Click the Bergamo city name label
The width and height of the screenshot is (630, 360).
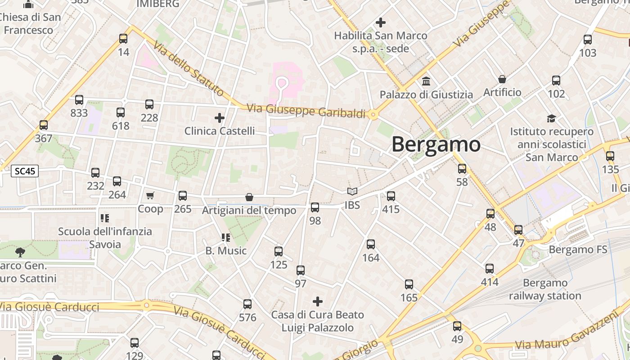(436, 144)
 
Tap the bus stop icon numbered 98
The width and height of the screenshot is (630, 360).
(315, 207)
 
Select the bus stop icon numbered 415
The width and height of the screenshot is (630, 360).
(391, 196)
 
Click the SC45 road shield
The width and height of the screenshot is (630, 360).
(25, 171)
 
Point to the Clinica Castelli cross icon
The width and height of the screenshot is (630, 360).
(220, 118)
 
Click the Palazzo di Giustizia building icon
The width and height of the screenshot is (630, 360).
(426, 81)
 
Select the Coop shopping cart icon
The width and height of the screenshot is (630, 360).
(150, 195)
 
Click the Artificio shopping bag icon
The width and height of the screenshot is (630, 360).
(502, 79)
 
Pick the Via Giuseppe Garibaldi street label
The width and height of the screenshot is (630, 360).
(306, 111)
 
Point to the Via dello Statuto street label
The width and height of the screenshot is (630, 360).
(188, 69)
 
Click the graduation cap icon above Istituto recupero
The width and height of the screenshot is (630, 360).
(551, 118)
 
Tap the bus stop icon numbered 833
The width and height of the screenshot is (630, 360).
(79, 100)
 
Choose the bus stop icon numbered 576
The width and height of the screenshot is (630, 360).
(247, 304)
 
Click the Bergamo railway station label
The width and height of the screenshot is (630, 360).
(545, 289)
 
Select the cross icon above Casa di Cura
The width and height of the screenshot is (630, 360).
(318, 301)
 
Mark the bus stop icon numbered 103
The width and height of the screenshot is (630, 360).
(588, 40)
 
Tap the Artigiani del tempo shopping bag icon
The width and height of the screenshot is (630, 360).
(249, 197)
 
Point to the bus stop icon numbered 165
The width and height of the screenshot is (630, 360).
(409, 284)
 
